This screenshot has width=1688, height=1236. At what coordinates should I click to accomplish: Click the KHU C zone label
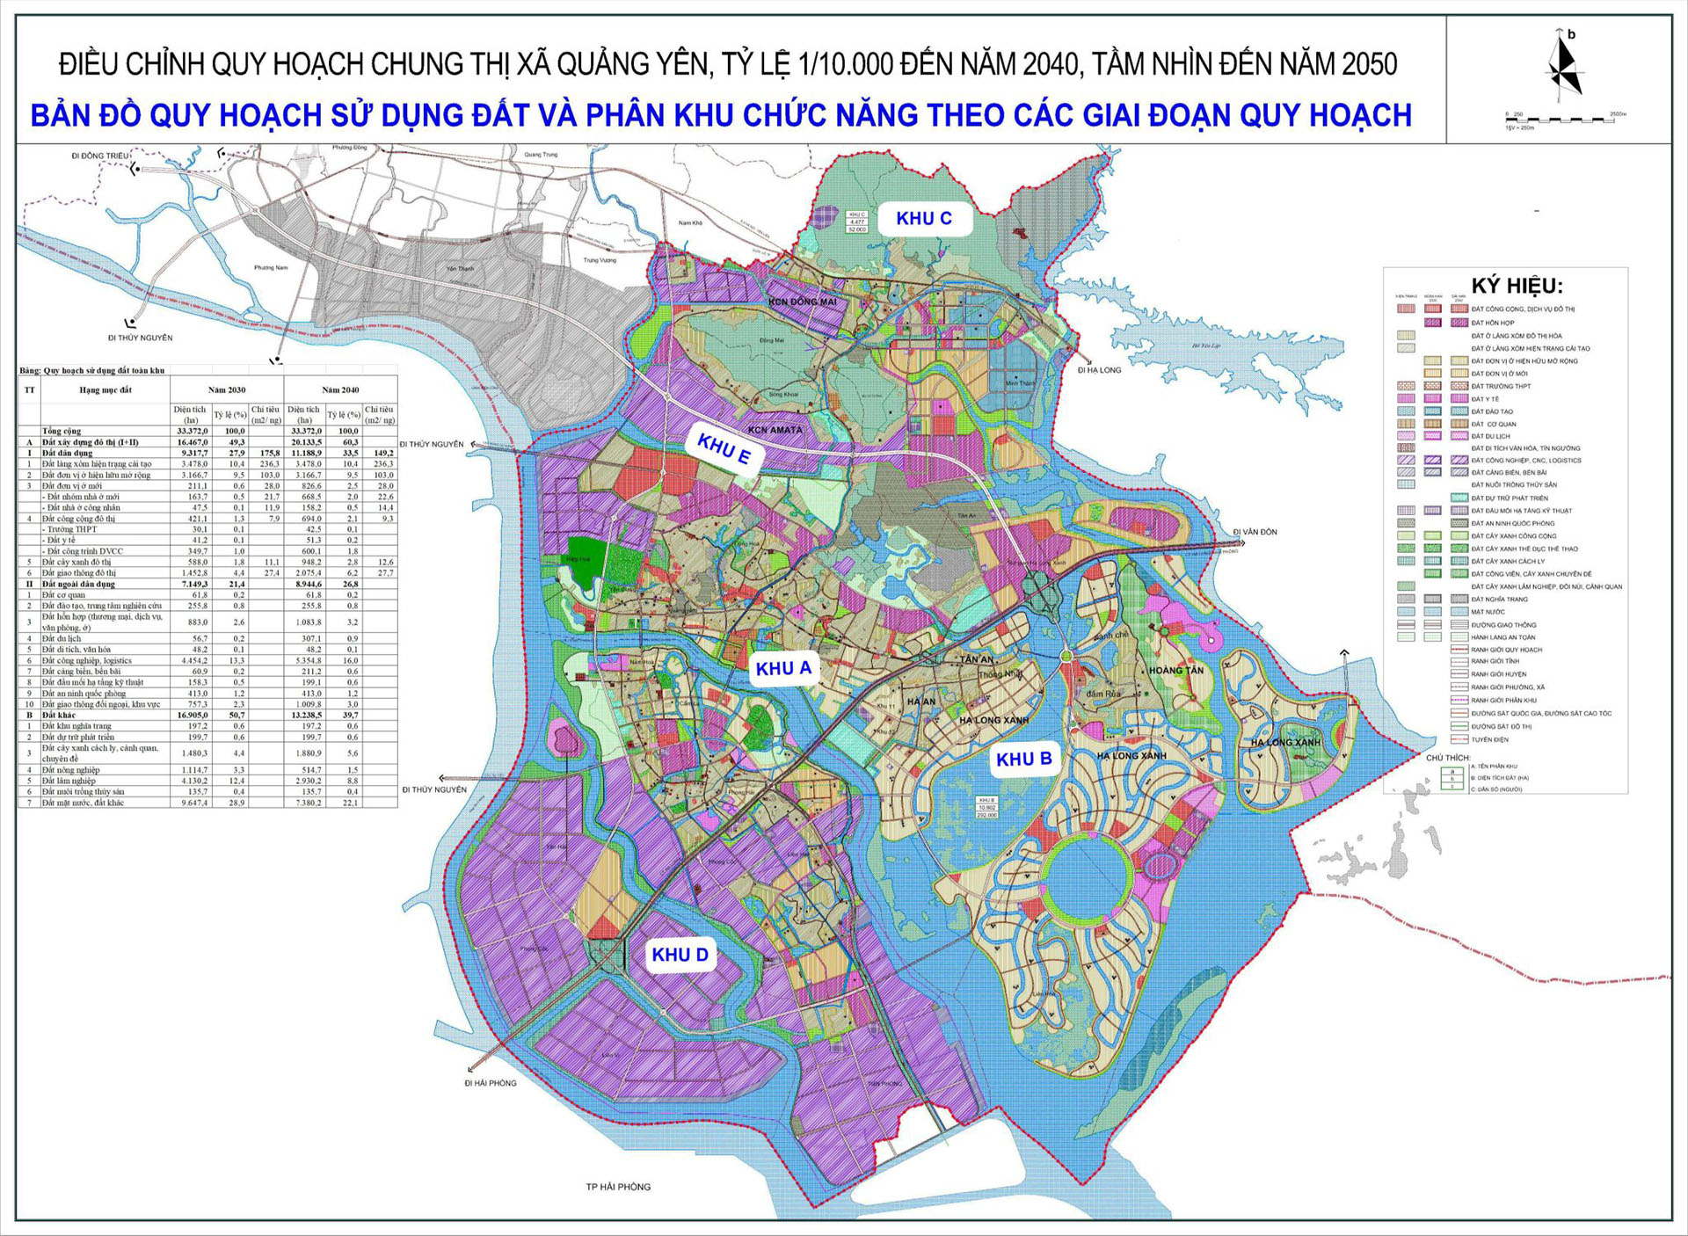(x=923, y=219)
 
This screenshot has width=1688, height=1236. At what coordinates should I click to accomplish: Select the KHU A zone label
(x=783, y=668)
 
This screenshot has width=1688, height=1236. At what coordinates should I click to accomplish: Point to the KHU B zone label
(x=1023, y=759)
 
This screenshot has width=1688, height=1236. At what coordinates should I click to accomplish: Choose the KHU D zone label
(x=680, y=955)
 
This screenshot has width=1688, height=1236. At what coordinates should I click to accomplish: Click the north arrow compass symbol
(x=1565, y=66)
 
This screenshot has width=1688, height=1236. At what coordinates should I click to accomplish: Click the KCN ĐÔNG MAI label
(x=803, y=302)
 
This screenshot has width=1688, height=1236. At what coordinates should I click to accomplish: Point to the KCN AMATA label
(x=775, y=430)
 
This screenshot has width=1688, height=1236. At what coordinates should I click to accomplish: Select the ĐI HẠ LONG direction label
(x=1099, y=370)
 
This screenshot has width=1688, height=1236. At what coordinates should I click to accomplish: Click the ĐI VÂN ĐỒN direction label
(x=1255, y=532)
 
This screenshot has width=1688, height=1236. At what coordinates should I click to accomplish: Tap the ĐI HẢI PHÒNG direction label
(x=491, y=1083)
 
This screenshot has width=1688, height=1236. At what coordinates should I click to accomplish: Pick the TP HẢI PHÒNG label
(x=618, y=1187)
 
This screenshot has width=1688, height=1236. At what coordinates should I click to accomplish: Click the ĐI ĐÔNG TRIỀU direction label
(x=100, y=156)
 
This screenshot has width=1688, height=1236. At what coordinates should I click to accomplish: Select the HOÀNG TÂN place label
(x=1176, y=670)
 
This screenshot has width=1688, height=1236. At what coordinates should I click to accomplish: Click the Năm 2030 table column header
(x=227, y=389)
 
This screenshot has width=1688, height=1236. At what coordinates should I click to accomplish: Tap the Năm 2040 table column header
(x=340, y=389)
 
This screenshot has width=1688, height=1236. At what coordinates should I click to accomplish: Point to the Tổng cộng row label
(x=62, y=431)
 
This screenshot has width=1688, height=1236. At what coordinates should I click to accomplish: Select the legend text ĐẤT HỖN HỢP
(x=1493, y=323)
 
